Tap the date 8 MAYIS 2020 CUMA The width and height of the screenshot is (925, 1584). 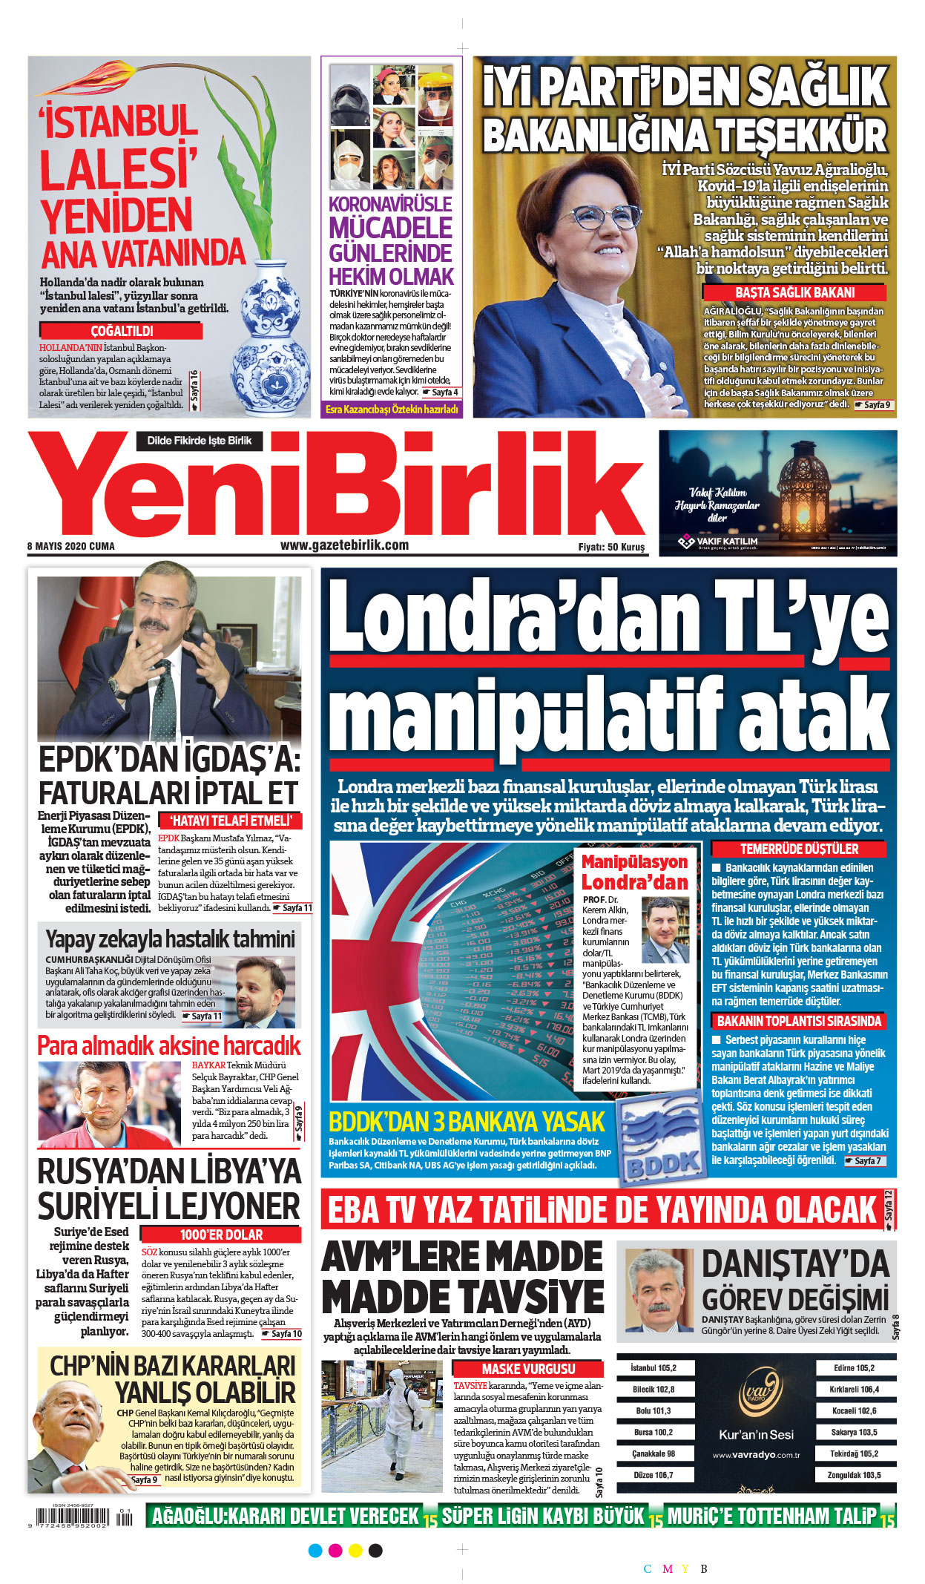[x=71, y=547]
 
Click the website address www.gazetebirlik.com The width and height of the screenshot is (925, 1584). [x=344, y=545]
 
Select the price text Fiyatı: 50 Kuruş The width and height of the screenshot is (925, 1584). [x=611, y=548]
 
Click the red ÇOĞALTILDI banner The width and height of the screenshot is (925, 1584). [x=122, y=331]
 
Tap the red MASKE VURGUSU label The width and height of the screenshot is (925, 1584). [x=528, y=1369]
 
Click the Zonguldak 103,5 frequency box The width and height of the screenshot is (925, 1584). [x=855, y=1475]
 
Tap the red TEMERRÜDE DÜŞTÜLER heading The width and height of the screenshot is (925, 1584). [x=799, y=849]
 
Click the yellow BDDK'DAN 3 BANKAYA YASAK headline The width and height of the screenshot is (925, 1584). [x=467, y=1122]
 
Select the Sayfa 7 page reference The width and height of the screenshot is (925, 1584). [x=865, y=1160]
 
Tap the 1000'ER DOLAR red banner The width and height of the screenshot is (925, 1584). [x=221, y=1235]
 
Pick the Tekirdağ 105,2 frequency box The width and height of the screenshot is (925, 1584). [x=855, y=1453]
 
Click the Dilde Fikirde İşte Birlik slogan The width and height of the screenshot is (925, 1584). [x=199, y=441]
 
